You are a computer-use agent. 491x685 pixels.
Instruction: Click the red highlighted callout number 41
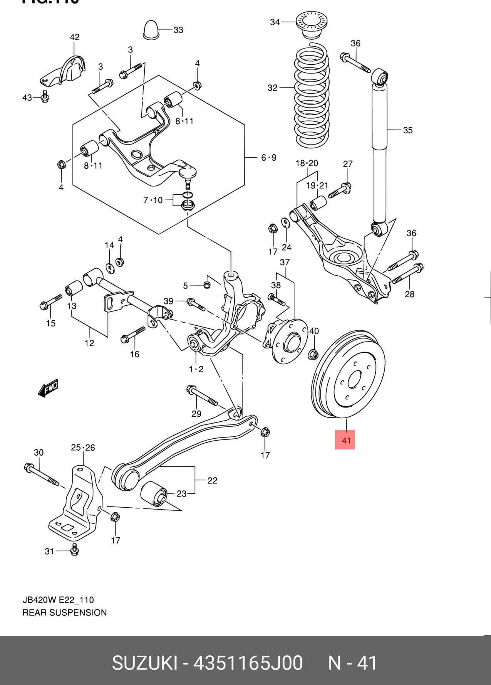pos(345,440)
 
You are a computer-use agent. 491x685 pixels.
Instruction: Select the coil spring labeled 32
pos(312,96)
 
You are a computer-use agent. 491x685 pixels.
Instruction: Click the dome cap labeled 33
pos(151,29)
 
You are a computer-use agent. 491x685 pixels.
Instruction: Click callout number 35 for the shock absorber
pos(408,130)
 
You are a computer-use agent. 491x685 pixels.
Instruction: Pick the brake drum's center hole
pos(355,380)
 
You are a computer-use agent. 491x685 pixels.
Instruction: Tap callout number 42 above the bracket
pos(75,37)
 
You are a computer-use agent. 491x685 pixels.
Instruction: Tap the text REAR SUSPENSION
pos(65,613)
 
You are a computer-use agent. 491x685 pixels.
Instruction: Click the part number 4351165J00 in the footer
pos(248,663)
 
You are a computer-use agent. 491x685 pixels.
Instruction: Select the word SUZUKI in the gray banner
pos(144,663)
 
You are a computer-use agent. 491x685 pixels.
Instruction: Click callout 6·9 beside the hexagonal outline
pos(268,157)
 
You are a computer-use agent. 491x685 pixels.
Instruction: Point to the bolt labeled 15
pos(50,302)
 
